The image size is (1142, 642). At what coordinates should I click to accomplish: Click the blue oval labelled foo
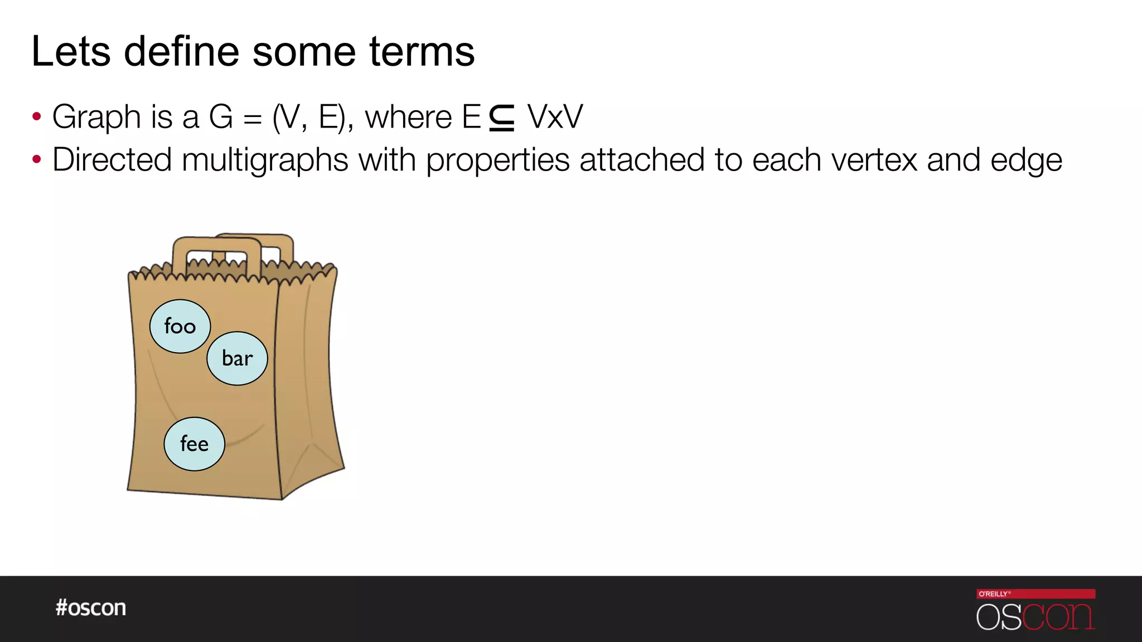point(180,327)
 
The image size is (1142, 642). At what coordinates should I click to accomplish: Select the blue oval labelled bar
point(237,358)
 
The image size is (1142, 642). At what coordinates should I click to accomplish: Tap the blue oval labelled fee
point(194,444)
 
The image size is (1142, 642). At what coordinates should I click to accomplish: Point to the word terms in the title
point(422,52)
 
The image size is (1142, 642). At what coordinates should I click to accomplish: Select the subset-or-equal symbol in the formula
point(502,118)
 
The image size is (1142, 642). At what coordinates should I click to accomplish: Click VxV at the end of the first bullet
point(555,117)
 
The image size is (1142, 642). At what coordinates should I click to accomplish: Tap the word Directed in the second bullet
point(112,160)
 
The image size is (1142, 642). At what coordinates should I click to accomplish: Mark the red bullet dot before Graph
point(37,117)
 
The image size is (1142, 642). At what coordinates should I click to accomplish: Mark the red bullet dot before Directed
point(37,160)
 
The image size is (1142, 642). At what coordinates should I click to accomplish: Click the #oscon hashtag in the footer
point(91,607)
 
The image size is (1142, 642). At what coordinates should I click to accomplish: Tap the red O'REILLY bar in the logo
point(1035,594)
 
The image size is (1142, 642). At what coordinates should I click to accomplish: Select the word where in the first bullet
point(408,117)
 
